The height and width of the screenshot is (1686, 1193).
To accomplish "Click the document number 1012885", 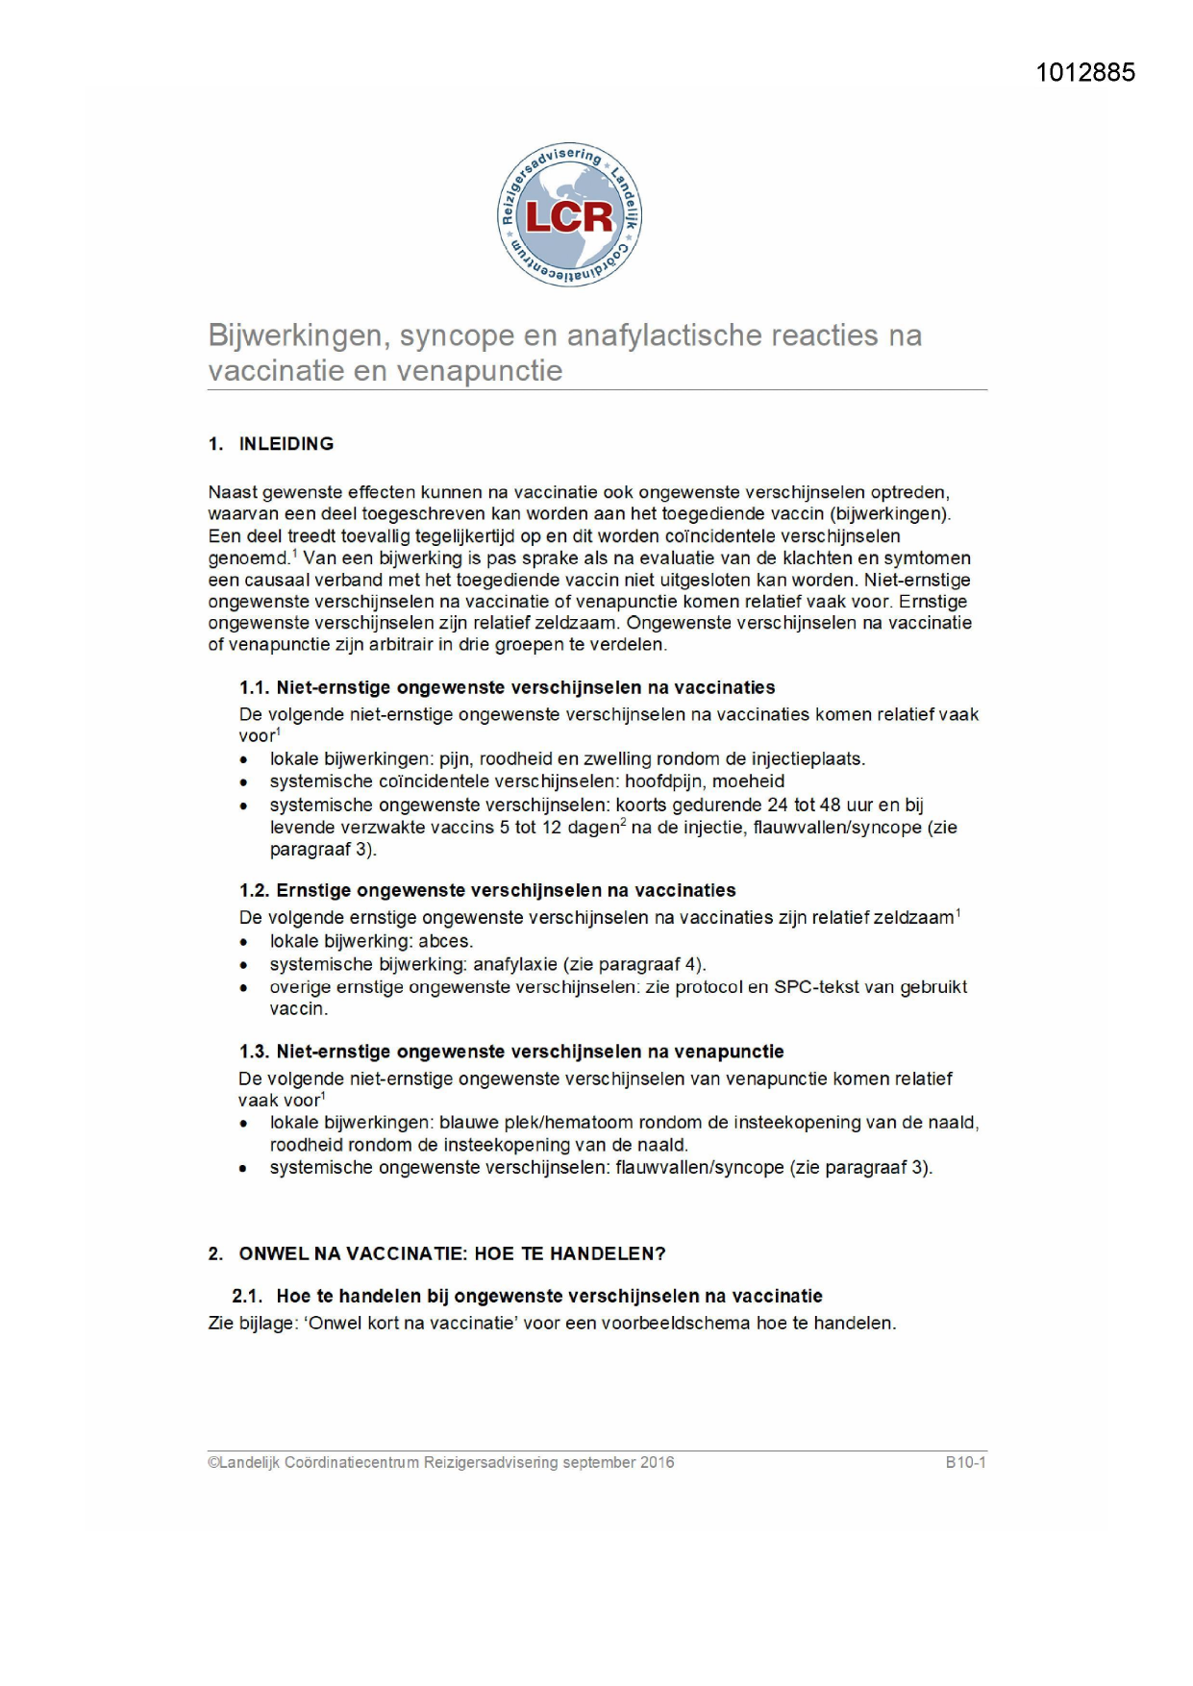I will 1085,73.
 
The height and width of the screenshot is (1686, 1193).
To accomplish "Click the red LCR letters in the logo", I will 569,217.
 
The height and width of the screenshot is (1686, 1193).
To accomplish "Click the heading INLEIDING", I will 286,444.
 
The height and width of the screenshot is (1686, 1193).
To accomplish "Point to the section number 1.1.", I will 254,688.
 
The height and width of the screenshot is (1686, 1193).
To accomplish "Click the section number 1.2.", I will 254,891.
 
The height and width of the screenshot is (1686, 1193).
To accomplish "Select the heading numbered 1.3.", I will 511,1053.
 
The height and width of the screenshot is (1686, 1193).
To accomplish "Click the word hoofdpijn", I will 665,782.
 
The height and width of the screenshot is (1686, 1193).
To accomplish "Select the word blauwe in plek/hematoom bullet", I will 465,1123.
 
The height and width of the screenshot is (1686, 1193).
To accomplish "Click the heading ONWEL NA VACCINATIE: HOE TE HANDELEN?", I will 452,1254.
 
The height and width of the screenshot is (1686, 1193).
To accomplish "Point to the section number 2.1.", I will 247,1297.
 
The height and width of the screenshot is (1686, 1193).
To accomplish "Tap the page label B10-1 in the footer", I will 965,1463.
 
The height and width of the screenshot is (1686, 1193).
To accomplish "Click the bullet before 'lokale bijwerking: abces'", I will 244,943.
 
